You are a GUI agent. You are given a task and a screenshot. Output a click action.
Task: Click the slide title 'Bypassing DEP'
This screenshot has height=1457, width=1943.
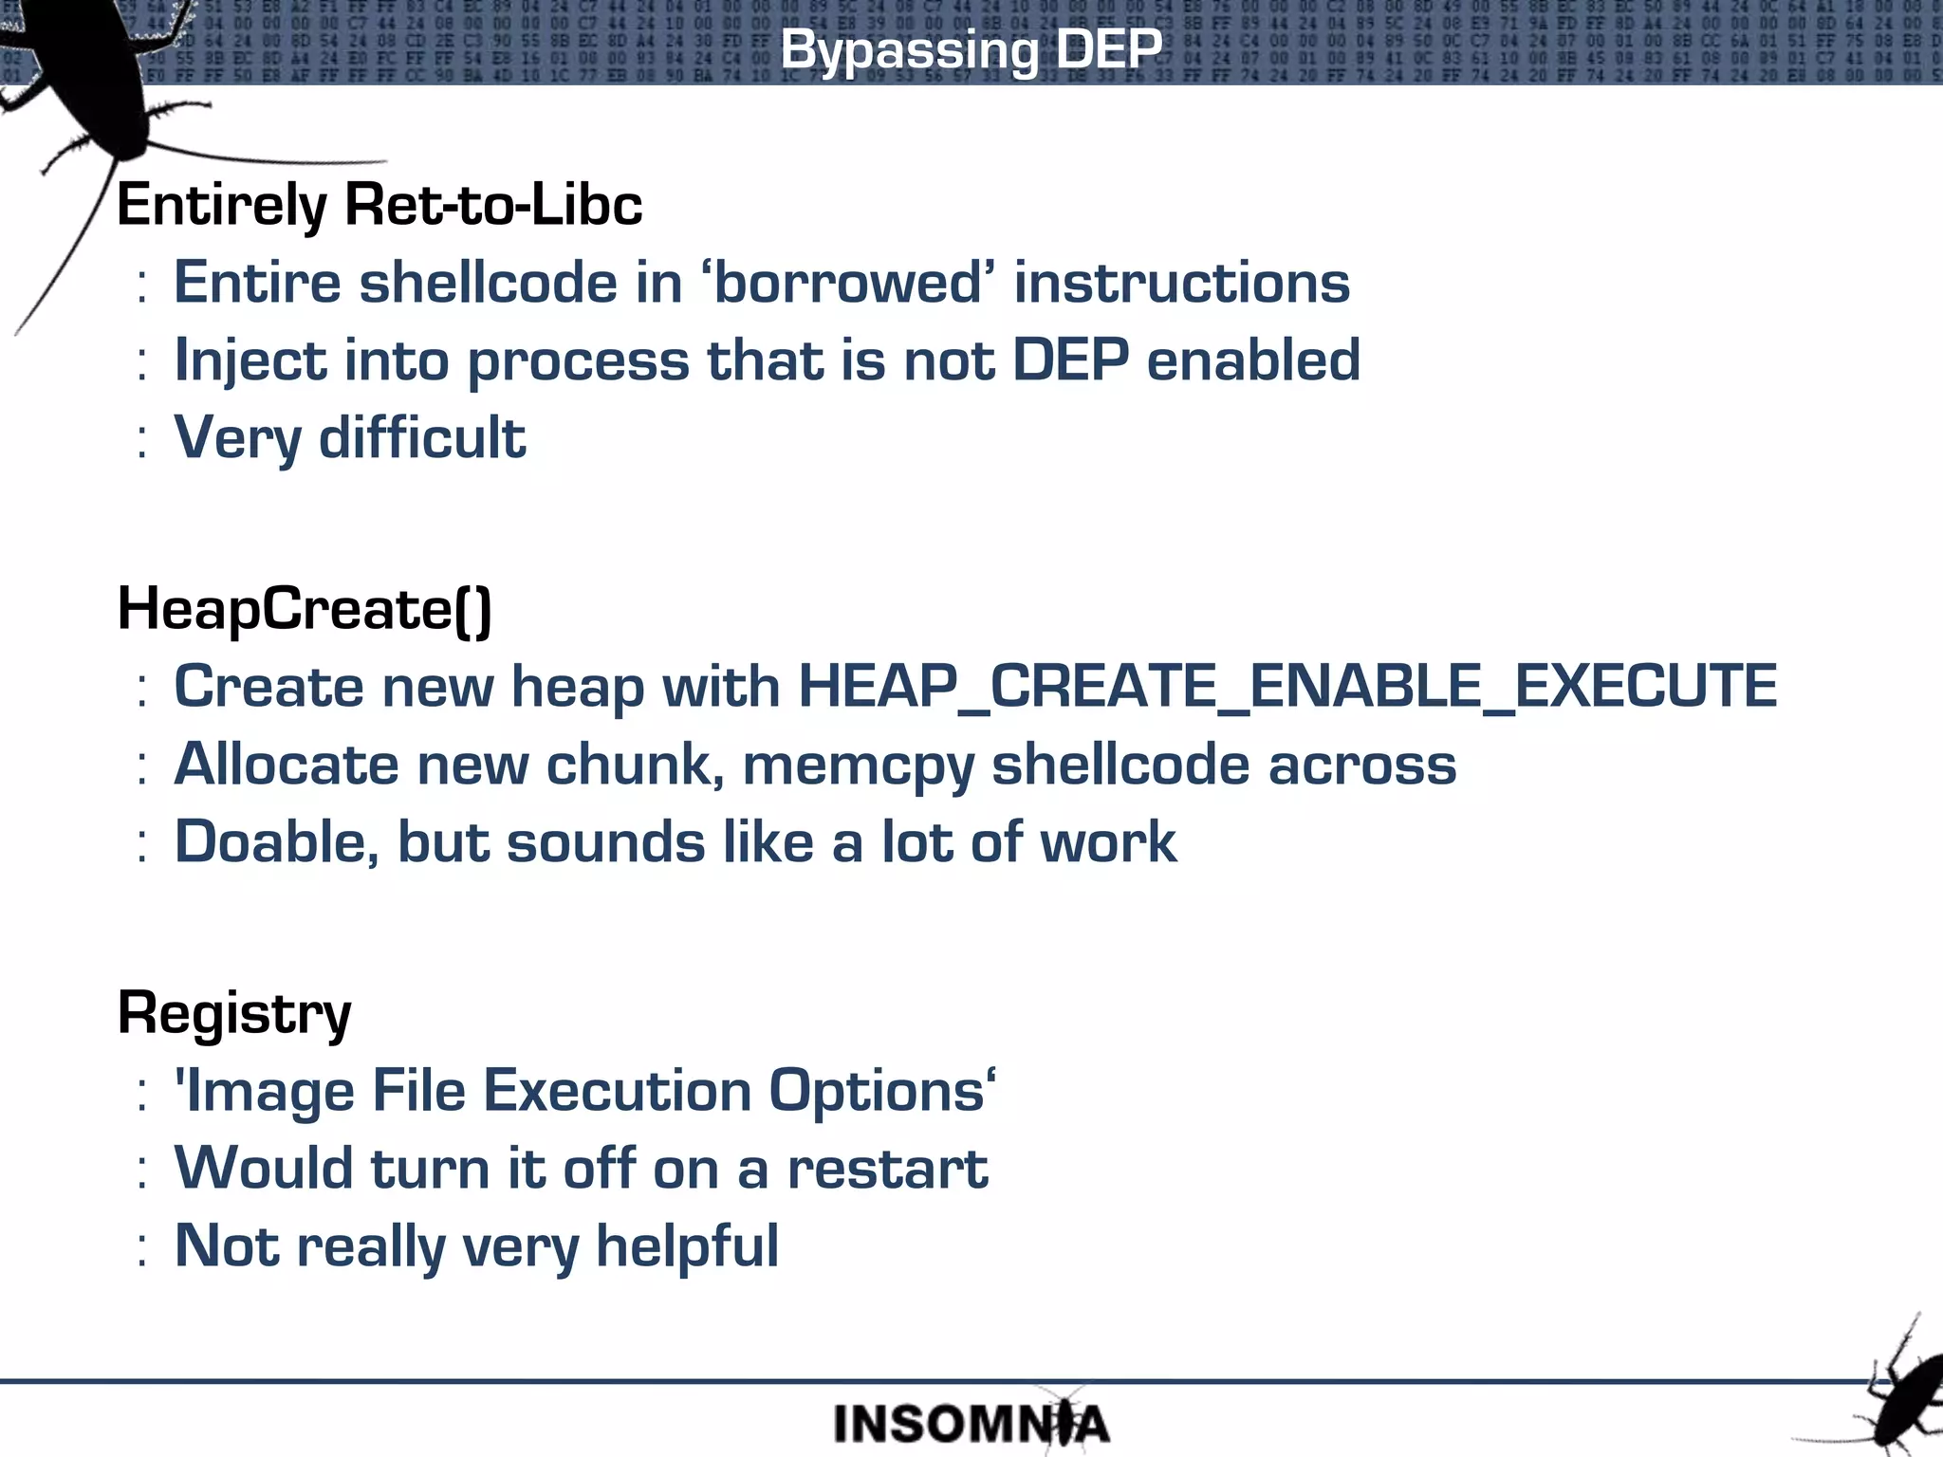[971, 49]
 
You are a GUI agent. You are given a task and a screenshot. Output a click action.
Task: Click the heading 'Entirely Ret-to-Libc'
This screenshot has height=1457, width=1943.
[379, 205]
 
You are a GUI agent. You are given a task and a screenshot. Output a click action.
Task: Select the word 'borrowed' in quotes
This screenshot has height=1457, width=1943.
[847, 283]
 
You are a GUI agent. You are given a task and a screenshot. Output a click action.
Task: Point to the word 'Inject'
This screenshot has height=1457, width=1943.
[250, 361]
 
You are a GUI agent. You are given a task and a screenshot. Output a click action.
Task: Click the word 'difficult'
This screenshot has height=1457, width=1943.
[422, 437]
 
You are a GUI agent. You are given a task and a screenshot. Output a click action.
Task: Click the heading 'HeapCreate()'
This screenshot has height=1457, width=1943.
[304, 608]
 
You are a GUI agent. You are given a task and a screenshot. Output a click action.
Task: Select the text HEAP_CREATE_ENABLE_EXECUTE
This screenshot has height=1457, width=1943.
[1287, 686]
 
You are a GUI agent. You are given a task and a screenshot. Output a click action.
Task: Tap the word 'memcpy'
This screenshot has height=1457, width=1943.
[857, 765]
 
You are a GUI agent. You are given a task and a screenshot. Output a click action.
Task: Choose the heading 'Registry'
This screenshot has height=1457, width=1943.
[234, 1013]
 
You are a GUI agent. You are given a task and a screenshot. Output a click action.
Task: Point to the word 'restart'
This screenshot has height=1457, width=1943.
[887, 1169]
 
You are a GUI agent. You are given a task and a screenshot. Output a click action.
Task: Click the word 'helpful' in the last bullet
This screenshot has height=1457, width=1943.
[687, 1246]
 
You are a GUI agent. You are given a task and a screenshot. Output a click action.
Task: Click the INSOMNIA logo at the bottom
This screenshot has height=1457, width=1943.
[971, 1424]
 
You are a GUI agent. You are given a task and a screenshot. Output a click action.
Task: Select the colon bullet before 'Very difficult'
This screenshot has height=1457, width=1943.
[141, 439]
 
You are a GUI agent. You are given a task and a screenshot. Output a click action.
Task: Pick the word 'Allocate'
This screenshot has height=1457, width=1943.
[286, 765]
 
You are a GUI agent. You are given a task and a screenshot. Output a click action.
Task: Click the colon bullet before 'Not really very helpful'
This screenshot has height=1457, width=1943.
[141, 1248]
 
